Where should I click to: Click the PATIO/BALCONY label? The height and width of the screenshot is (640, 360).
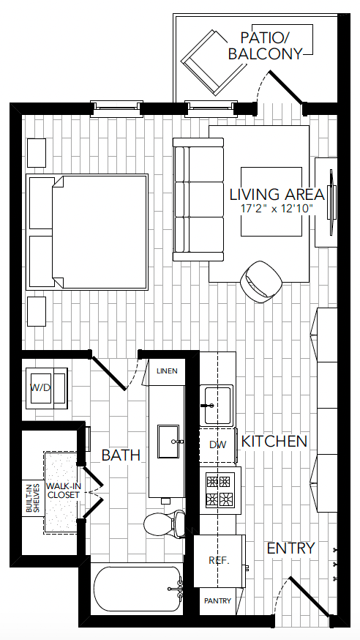click(265, 45)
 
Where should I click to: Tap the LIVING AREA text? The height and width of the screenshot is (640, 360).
click(277, 195)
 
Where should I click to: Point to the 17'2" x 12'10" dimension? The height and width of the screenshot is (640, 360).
click(277, 209)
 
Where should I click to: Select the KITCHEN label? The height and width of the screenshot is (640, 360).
click(274, 442)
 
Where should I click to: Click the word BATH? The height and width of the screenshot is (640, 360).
click(121, 455)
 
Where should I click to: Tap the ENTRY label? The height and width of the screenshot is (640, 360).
click(290, 548)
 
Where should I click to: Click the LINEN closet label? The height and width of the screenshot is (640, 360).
click(167, 371)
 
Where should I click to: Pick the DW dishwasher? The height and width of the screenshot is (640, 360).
click(218, 444)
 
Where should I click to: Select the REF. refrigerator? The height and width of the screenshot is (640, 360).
click(220, 561)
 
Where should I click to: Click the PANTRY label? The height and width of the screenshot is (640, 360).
click(218, 601)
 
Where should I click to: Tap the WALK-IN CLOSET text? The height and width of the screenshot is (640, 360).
click(63, 491)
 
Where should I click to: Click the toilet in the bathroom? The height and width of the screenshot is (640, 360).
click(165, 523)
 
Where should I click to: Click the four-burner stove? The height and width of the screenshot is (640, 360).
click(220, 490)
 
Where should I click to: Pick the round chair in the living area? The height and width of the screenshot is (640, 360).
click(261, 281)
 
